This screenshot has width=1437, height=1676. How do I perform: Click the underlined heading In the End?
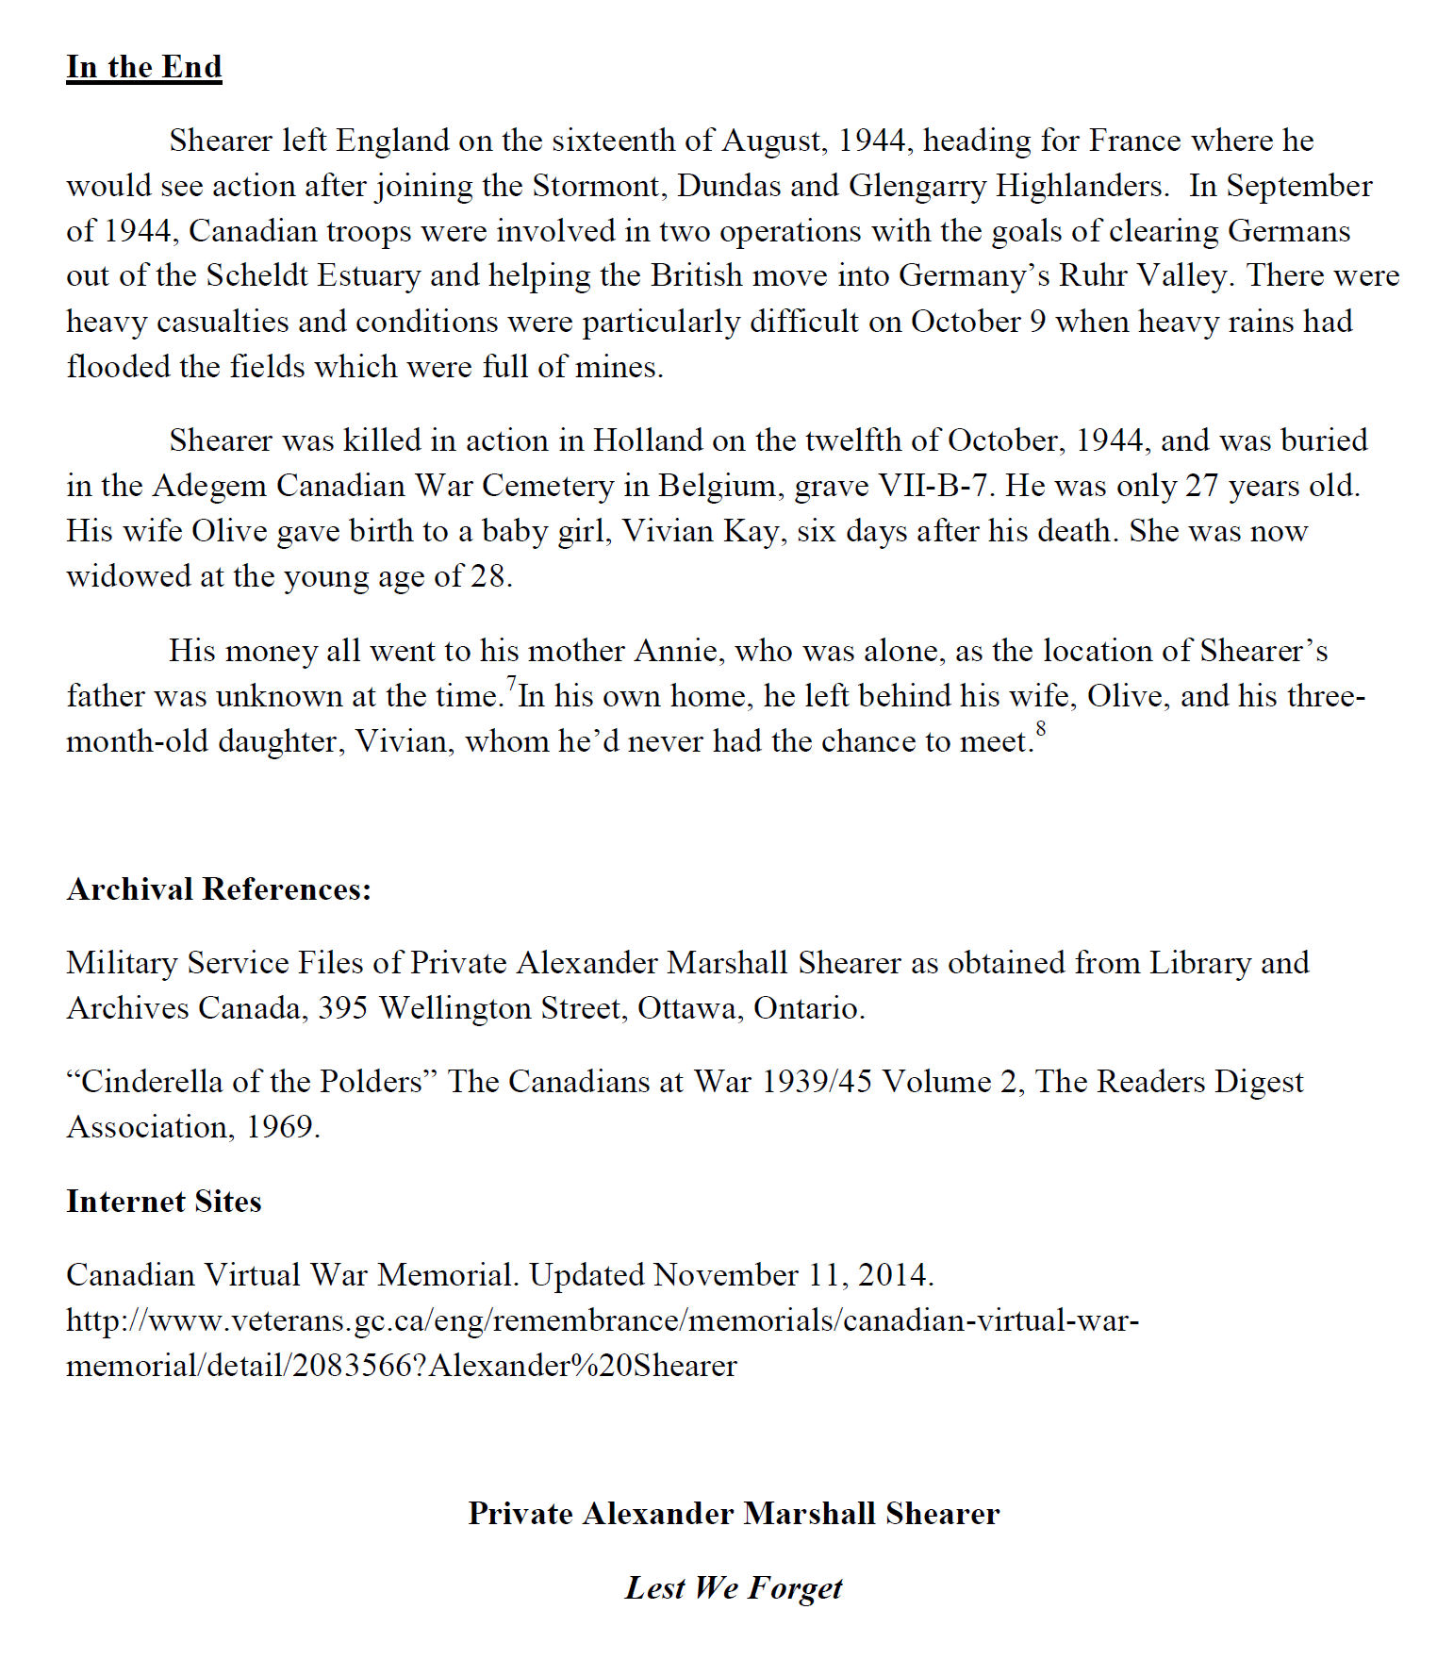coord(143,67)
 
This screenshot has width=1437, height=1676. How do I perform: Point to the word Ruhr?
coord(1092,275)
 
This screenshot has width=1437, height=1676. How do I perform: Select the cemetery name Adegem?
coord(209,486)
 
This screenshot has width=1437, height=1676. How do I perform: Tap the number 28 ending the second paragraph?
coord(488,576)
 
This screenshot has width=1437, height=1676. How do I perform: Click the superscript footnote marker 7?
coord(512,683)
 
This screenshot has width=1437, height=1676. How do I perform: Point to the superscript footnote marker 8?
coord(1041,728)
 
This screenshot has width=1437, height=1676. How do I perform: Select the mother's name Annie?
coord(676,651)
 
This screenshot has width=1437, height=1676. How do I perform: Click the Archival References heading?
coord(219,889)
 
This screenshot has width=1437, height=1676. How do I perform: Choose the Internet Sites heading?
coord(163,1202)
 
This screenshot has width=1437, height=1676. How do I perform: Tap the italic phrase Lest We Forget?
coord(734,1587)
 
